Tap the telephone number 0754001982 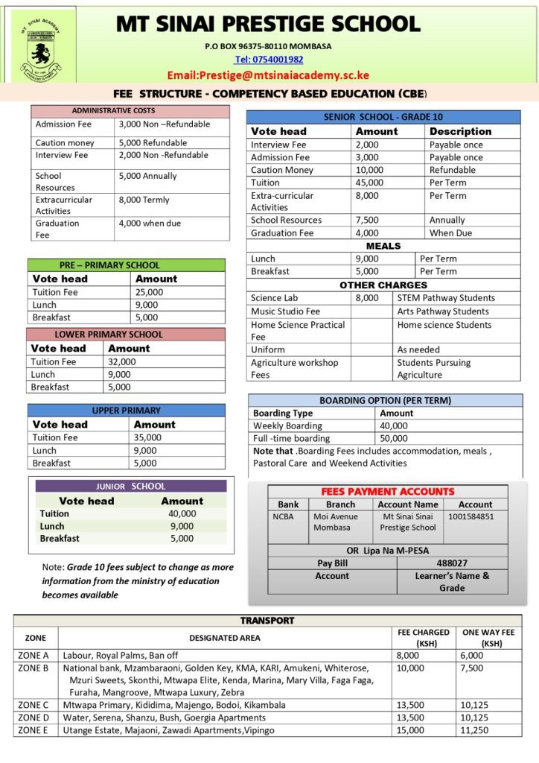click(269, 60)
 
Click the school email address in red click(268, 75)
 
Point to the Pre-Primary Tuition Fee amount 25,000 click(150, 292)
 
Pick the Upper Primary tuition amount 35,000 click(147, 437)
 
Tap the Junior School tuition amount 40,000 click(182, 513)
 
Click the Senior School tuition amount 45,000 click(370, 183)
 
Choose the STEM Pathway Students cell click(446, 298)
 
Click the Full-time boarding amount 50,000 click(394, 438)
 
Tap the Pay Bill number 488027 click(452, 563)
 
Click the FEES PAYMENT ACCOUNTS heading click(387, 492)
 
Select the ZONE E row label click(33, 730)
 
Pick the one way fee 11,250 click(476, 730)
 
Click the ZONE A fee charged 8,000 click(410, 656)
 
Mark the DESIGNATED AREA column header click(224, 638)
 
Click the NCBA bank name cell click(284, 516)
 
